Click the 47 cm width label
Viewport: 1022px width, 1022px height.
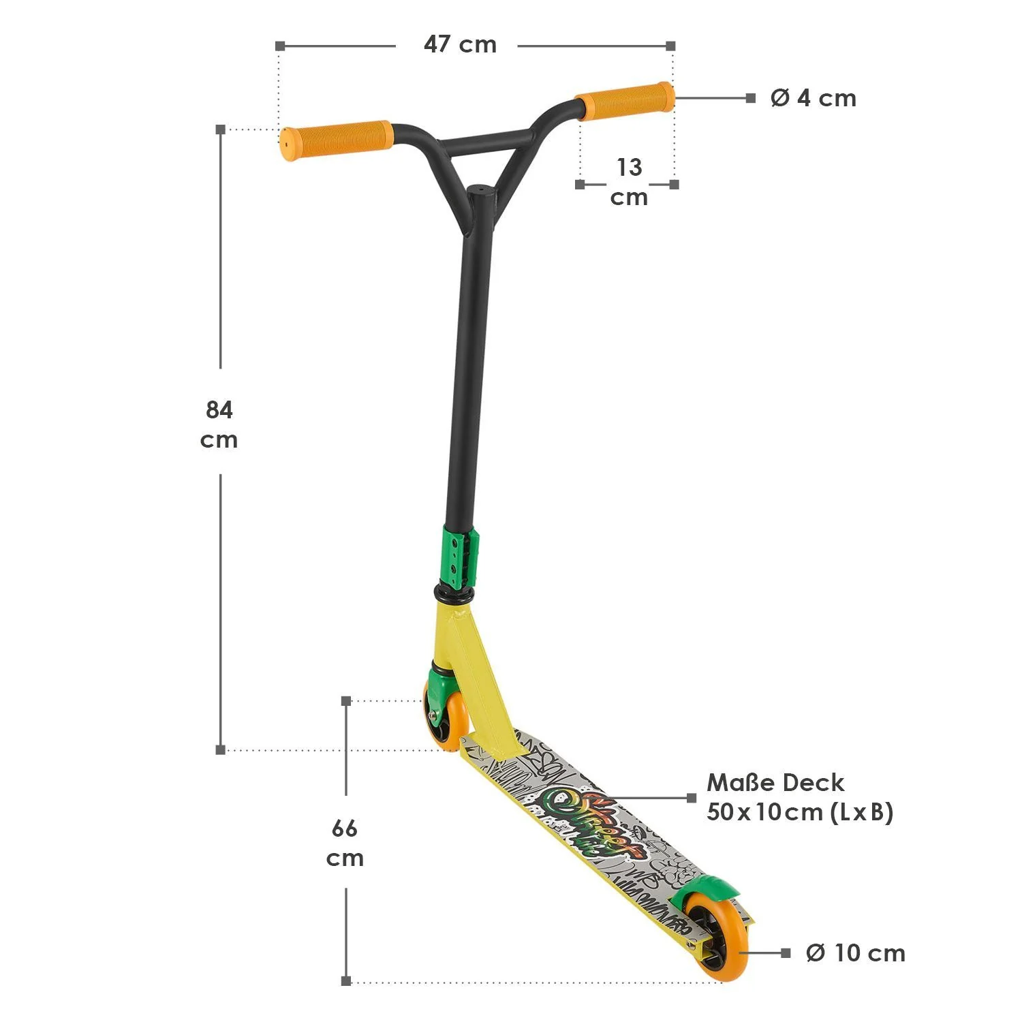coord(460,45)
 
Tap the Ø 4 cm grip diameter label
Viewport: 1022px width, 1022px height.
coord(813,98)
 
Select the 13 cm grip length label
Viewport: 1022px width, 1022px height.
coord(628,182)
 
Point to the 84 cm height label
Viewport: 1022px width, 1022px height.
coord(219,424)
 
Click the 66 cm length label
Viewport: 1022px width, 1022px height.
coord(345,843)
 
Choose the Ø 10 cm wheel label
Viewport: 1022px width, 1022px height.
coord(855,953)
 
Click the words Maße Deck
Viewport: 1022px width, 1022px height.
coord(775,782)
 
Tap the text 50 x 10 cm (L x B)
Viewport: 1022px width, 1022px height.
coord(800,812)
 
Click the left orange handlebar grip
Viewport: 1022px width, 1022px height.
coord(336,140)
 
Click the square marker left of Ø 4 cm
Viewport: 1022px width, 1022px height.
coord(750,98)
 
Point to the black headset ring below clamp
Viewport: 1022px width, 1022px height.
coord(454,595)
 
